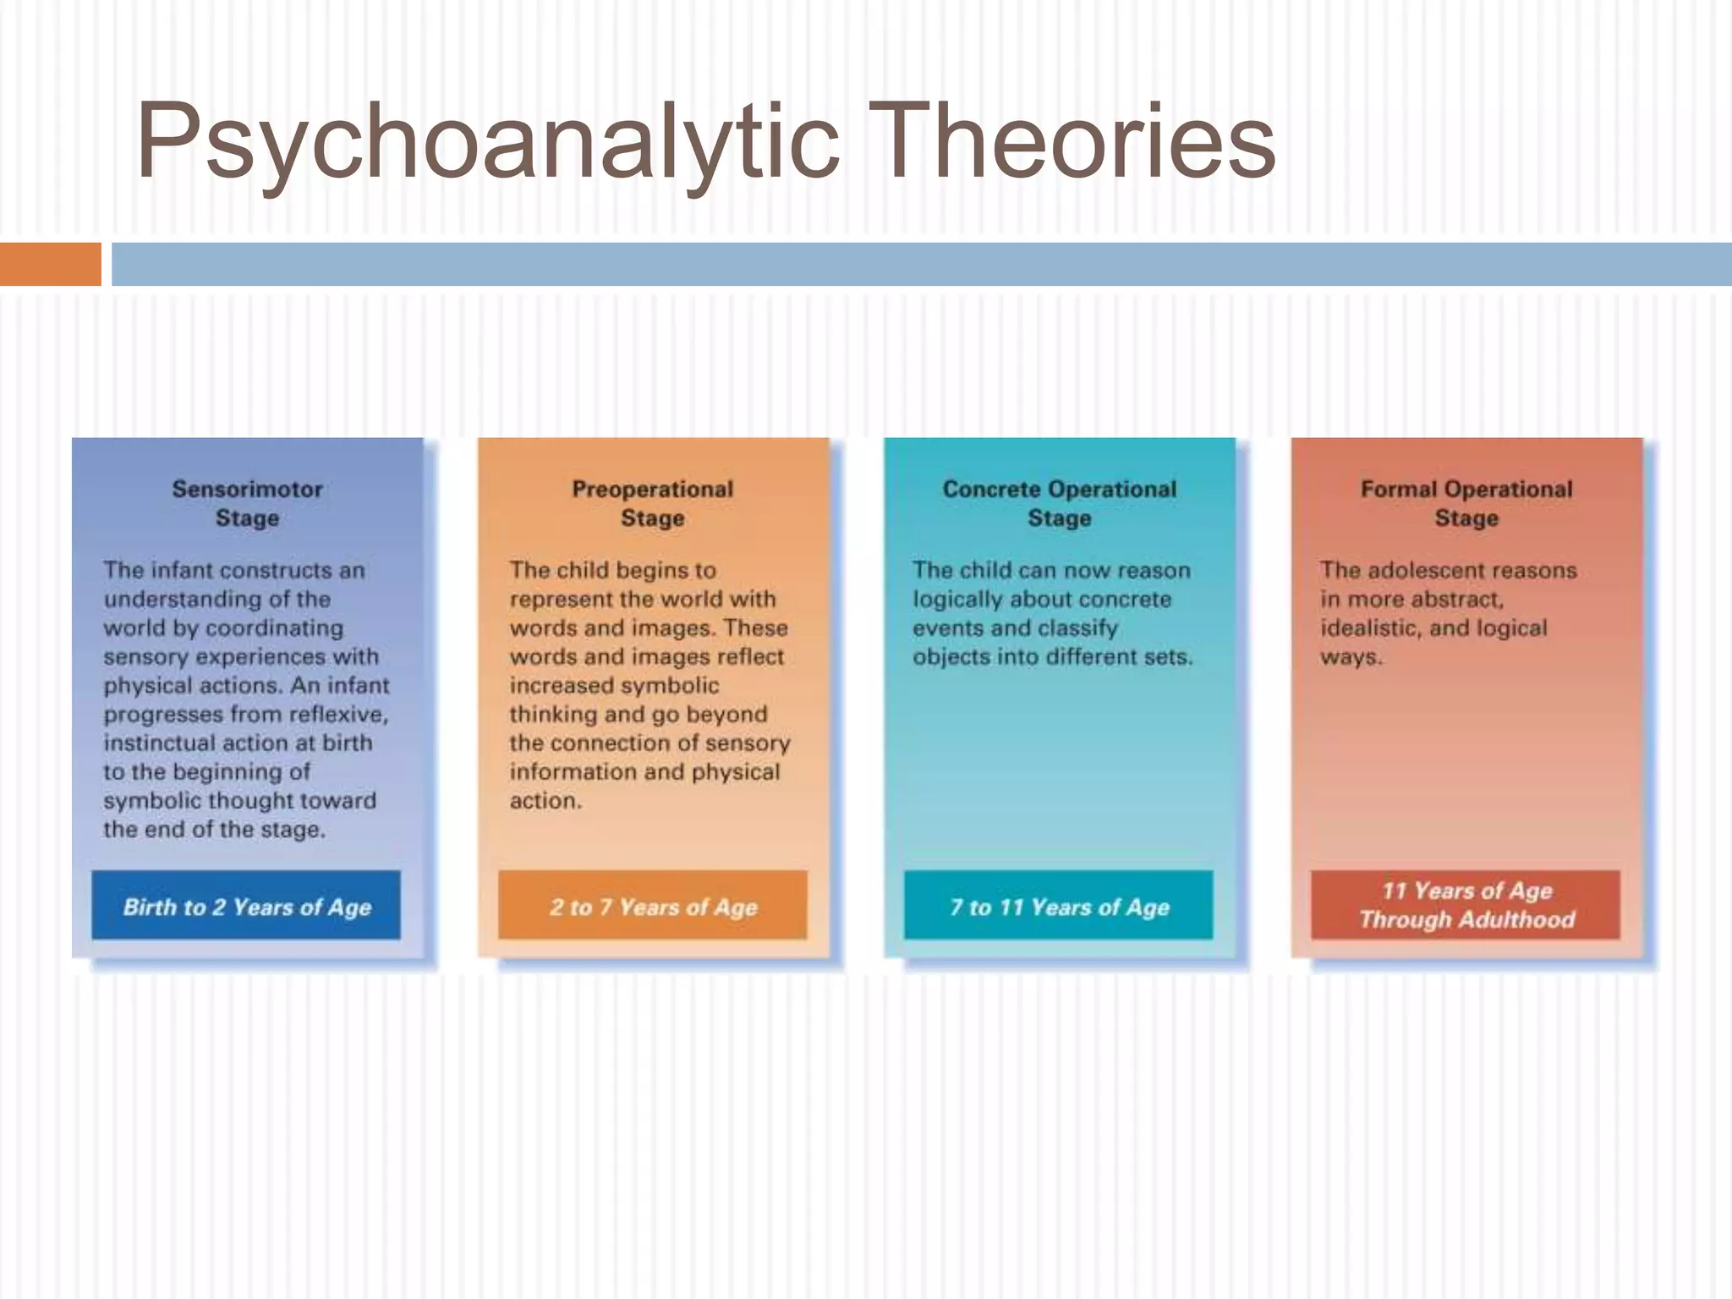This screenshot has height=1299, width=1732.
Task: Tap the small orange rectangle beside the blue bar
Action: (50, 264)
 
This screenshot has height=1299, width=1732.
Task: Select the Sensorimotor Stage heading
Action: (247, 503)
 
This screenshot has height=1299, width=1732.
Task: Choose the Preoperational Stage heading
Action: (652, 503)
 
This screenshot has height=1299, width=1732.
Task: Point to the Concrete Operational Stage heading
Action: (1059, 503)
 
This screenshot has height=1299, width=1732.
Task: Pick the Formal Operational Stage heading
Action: (1466, 503)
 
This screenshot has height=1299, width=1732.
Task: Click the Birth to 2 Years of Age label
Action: (246, 907)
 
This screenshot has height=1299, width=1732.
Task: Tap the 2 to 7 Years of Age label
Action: (653, 907)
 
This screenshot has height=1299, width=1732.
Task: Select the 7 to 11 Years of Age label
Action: (1059, 907)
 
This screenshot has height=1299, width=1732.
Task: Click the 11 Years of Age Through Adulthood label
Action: (1466, 905)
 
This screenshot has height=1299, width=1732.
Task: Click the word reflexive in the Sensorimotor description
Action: (338, 715)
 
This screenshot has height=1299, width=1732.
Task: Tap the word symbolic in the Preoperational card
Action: (669, 686)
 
